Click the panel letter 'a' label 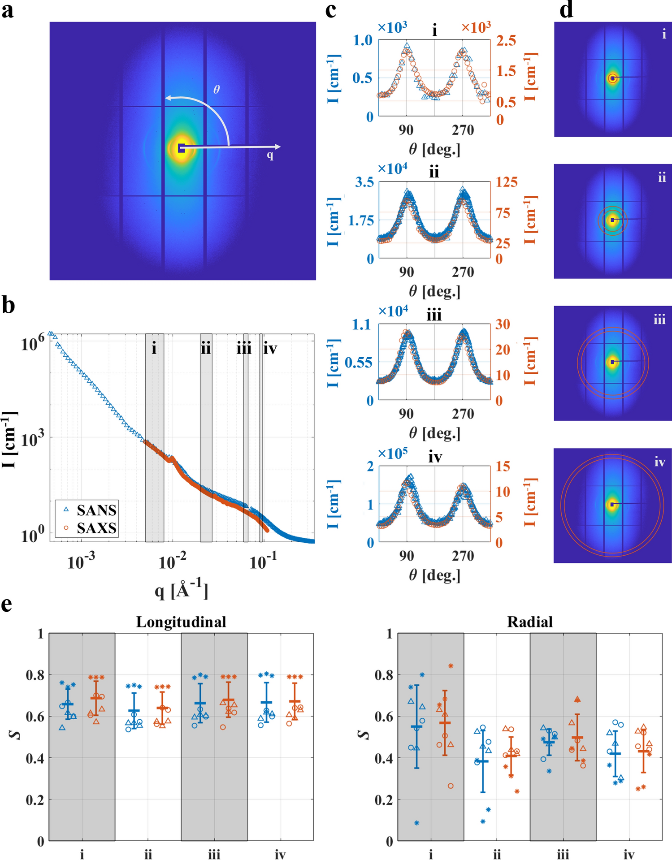pos(8,11)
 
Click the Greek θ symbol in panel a pos(217,90)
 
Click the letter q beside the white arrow pos(270,156)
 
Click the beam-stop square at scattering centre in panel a pos(181,148)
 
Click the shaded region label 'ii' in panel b pos(206,348)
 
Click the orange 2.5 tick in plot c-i pos(506,41)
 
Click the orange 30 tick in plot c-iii pos(503,324)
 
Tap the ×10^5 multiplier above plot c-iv pos(392,453)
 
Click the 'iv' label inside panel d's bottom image pos(659,462)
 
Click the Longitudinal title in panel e pos(181,622)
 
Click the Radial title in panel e pos(529,622)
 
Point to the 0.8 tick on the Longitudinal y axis pos(35,675)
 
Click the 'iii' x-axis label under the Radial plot pos(563,855)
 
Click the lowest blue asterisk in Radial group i pos(416,823)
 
